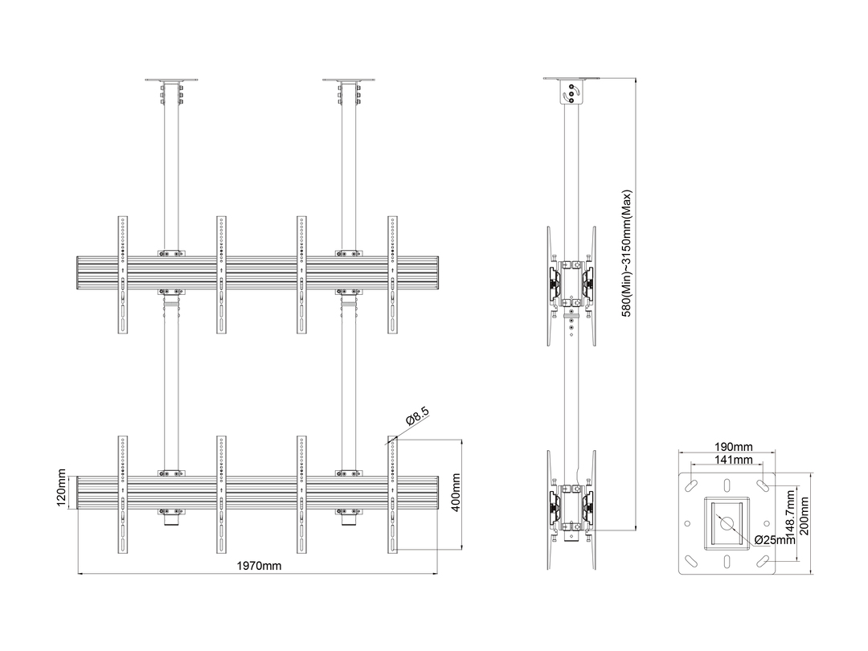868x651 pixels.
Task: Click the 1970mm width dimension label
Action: [259, 566]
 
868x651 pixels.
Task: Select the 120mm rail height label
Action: [61, 489]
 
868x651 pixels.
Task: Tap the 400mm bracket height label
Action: [456, 493]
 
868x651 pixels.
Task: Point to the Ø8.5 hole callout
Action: [417, 416]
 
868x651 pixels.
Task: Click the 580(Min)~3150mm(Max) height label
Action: [626, 253]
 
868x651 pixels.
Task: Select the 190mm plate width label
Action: [733, 447]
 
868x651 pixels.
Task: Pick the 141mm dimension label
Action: [733, 460]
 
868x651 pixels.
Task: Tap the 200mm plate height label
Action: [804, 516]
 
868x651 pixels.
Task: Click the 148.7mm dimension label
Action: [791, 517]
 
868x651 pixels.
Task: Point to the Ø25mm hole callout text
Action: [774, 540]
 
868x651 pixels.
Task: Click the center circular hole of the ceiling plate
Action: [727, 523]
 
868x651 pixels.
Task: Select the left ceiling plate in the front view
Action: [172, 80]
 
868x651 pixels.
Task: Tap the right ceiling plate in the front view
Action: [349, 80]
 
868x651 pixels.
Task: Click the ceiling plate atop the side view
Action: [572, 79]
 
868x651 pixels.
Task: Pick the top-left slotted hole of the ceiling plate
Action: [692, 485]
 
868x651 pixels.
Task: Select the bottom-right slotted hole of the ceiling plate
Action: [764, 560]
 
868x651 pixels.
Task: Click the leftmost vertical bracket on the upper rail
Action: [123, 275]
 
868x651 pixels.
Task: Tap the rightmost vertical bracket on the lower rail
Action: [392, 494]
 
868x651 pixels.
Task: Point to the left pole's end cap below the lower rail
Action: [172, 521]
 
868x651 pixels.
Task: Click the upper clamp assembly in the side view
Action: [571, 285]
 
